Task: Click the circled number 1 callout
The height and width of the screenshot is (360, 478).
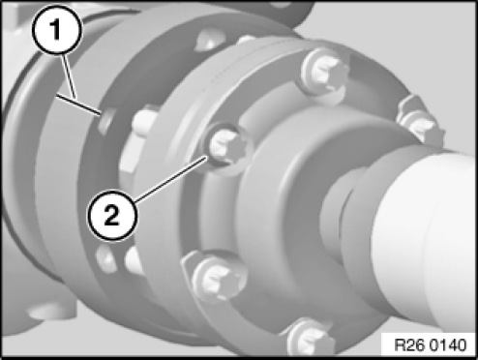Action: pyautogui.click(x=57, y=30)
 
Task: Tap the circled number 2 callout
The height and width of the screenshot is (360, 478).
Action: pyautogui.click(x=112, y=215)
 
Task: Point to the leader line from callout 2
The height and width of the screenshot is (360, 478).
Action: pyautogui.click(x=171, y=179)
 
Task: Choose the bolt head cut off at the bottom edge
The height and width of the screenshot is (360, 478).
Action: pyautogui.click(x=310, y=341)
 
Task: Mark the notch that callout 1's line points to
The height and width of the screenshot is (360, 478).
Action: pyautogui.click(x=106, y=121)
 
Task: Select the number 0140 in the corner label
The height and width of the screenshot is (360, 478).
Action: pyautogui.click(x=448, y=345)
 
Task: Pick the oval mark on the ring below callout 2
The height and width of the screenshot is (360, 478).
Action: pyautogui.click(x=105, y=259)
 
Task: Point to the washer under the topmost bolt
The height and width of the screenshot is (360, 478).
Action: pyautogui.click(x=324, y=77)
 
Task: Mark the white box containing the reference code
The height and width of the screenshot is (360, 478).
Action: pyautogui.click(x=428, y=345)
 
